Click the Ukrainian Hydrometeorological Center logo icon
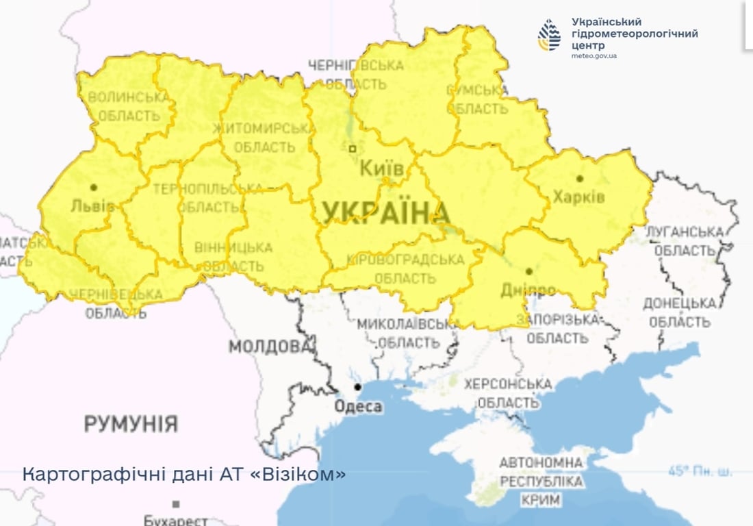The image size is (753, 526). [549, 35]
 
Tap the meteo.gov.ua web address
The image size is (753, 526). [594, 55]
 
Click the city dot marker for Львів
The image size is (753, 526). [93, 187]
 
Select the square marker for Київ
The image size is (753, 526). [353, 148]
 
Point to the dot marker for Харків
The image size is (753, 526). [580, 179]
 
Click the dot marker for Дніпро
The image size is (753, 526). [528, 271]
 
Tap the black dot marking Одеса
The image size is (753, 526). [357, 388]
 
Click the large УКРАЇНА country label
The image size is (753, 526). [385, 212]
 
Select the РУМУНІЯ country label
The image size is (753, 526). [131, 423]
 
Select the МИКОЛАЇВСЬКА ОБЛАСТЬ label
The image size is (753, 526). [408, 333]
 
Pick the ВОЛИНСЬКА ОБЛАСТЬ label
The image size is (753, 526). [129, 107]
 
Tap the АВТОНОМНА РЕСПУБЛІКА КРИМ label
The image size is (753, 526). [541, 481]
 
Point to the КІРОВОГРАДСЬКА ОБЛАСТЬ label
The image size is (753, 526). [405, 269]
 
